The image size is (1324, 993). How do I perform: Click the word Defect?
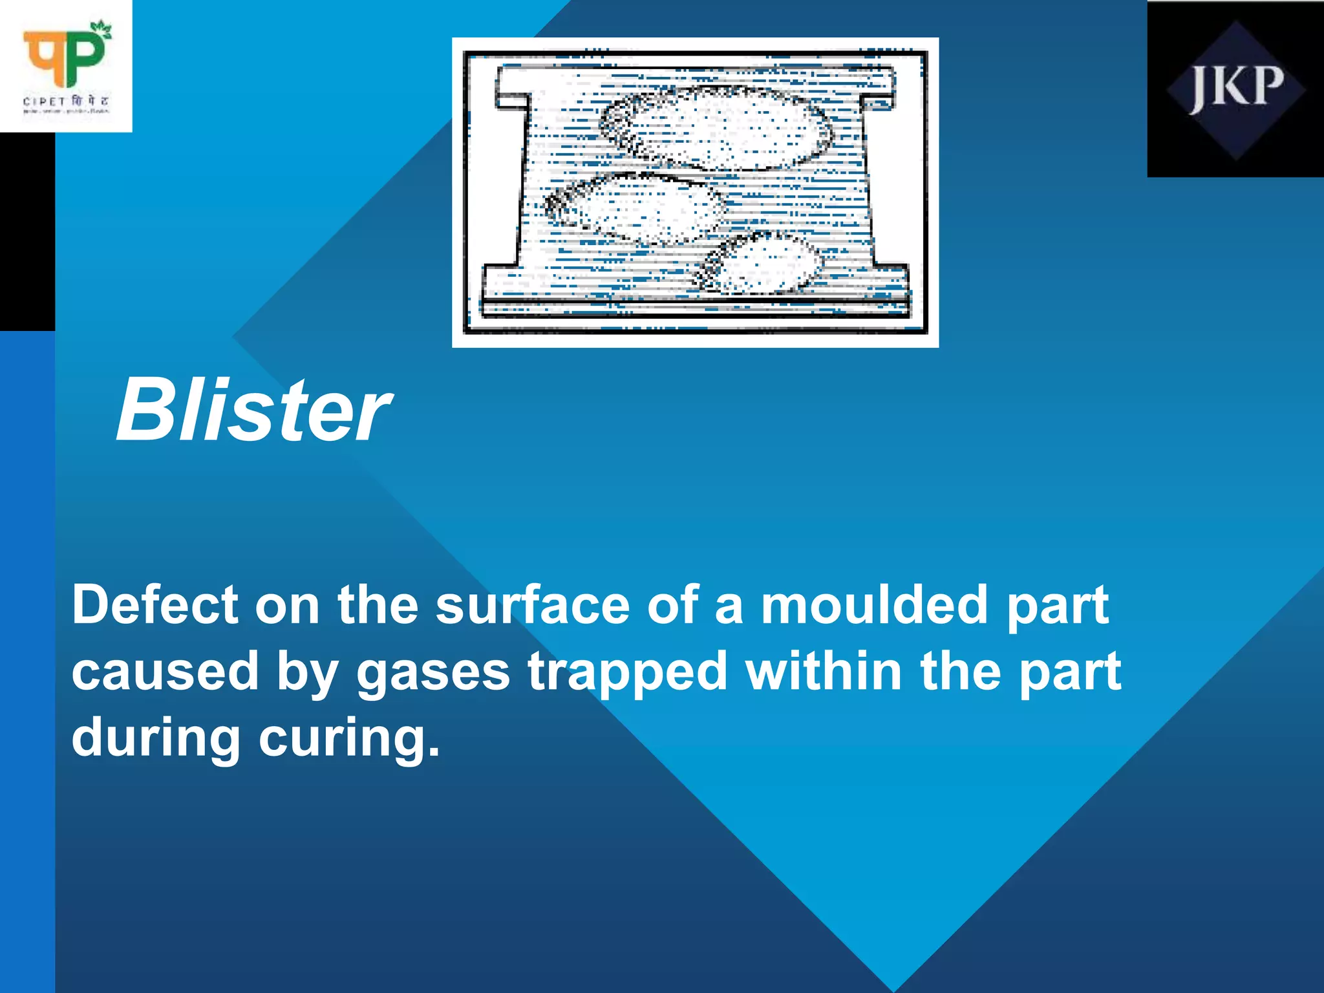tap(155, 606)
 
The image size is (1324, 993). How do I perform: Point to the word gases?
tap(433, 672)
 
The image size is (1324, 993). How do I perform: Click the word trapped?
tap(628, 672)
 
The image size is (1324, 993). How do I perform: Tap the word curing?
tap(350, 739)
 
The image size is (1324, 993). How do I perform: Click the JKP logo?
tap(1235, 89)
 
